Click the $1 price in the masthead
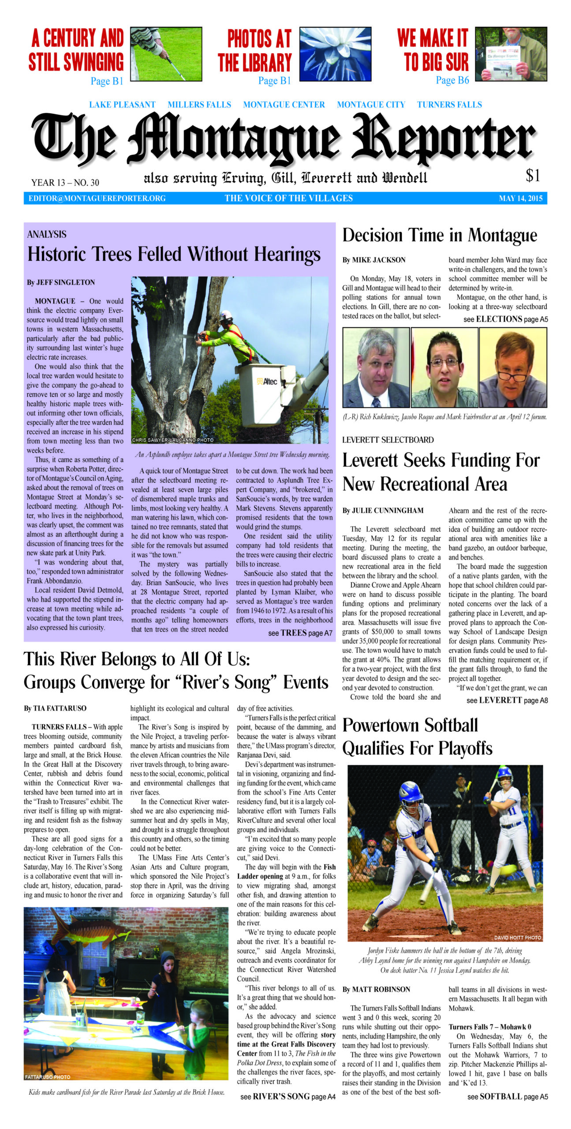point(533,176)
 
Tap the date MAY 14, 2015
point(520,198)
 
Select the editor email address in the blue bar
point(97,198)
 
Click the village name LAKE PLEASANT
point(122,105)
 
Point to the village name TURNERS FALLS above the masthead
point(449,105)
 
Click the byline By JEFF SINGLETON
point(61,282)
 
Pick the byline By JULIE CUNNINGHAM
point(383,510)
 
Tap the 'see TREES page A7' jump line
point(300,633)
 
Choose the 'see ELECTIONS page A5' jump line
point(505,319)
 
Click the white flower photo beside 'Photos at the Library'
point(335,54)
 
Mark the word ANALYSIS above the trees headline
point(47,235)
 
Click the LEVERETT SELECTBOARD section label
point(388,440)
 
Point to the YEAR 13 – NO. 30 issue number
point(65,183)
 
